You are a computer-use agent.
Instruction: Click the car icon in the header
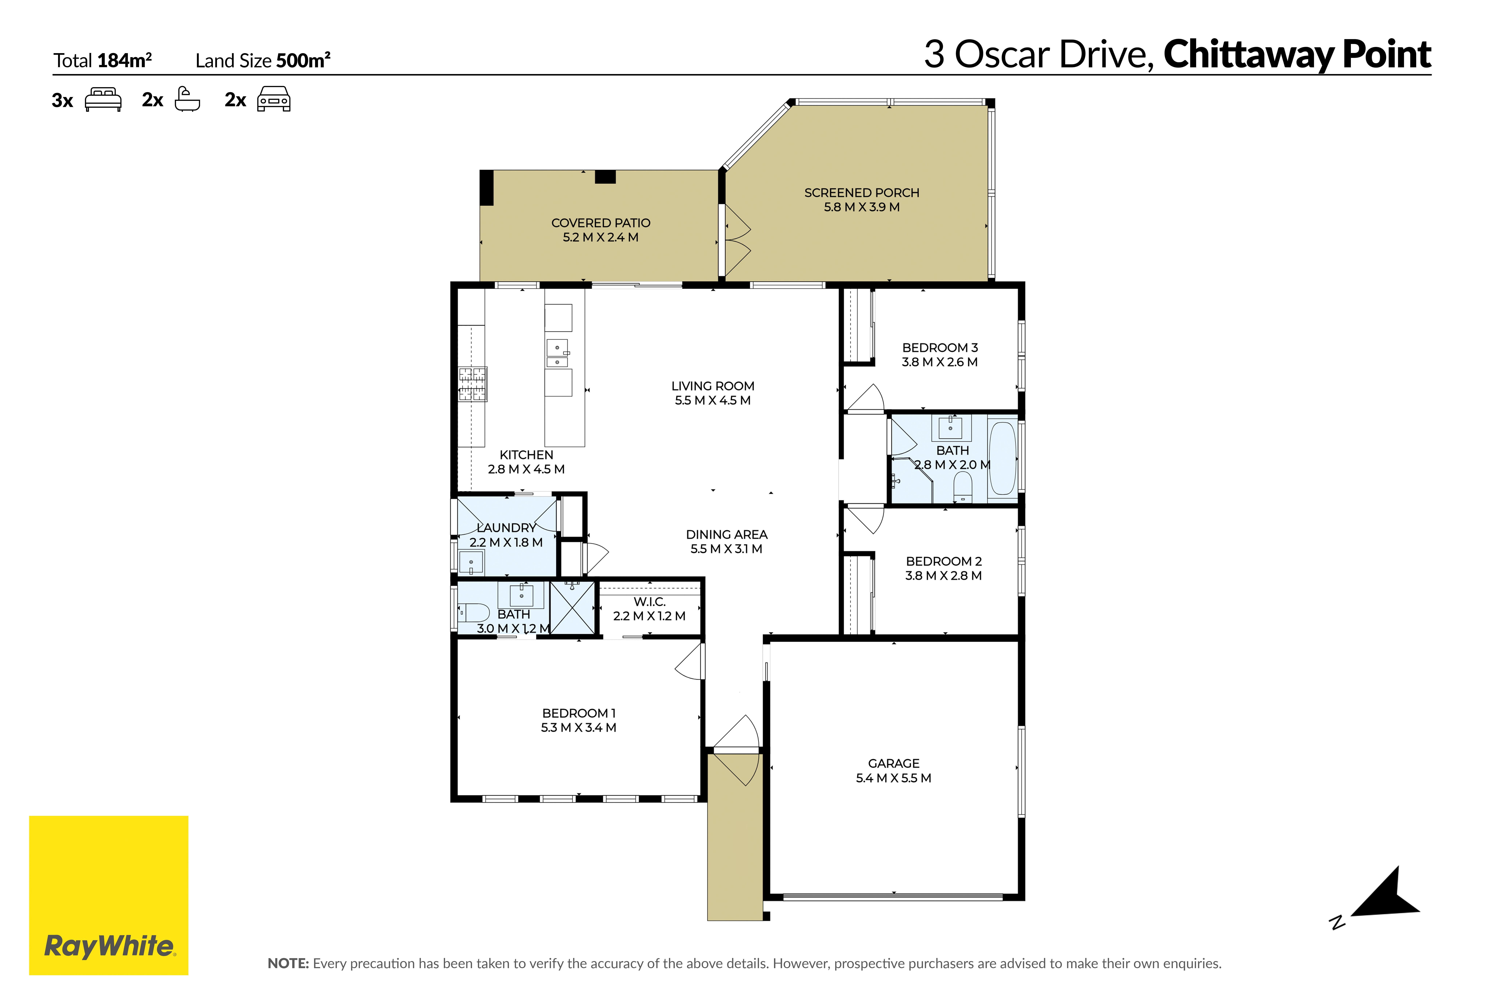coord(274,99)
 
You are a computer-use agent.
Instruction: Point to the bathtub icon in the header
coord(187,99)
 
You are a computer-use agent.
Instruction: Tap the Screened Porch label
coord(861,193)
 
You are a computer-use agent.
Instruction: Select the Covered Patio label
coord(601,223)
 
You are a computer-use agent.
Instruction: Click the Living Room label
coord(713,386)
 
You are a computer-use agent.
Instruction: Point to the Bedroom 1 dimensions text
coord(578,728)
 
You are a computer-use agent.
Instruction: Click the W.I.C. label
coord(649,602)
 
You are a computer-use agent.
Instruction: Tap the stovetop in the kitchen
coord(473,384)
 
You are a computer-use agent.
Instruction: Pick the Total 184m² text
coord(103,60)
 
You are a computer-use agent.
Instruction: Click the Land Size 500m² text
coord(263,60)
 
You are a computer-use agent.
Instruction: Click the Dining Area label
coord(727,534)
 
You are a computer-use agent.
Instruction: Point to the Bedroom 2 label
coord(943,561)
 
